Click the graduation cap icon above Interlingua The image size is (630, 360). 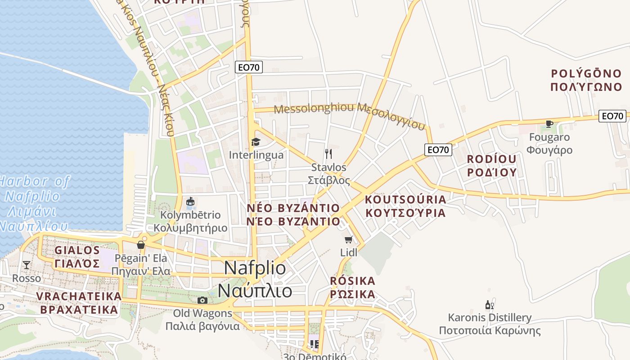pos(256,142)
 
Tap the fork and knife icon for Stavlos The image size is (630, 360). pos(328,154)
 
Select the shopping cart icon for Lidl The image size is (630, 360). pos(349,239)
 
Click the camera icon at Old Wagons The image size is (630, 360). pos(202,300)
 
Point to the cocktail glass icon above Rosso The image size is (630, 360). pos(27,265)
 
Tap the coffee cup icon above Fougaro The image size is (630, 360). pos(549,124)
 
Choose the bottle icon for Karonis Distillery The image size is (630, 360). pos(489,305)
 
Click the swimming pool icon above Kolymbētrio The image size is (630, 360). pos(190,202)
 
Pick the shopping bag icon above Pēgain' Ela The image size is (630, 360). pos(141,245)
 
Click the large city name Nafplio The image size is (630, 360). pos(255,268)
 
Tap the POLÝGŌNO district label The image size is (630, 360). pos(586,73)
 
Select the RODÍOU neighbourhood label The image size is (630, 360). pos(491,159)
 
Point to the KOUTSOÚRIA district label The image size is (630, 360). pos(405,199)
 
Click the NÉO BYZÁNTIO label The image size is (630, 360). pos(293,208)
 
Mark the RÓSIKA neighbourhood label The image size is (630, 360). pos(352,281)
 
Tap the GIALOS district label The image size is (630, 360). pos(77,250)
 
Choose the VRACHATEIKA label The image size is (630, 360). pos(79,297)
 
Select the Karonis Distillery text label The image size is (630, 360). pos(490,318)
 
